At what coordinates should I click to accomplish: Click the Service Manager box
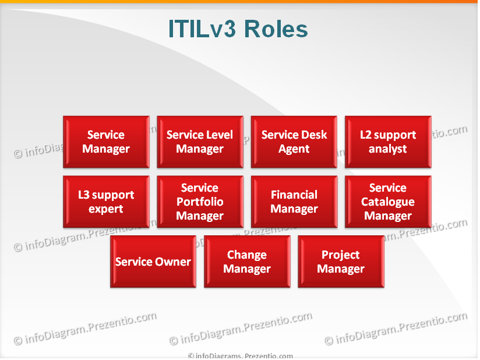point(106,142)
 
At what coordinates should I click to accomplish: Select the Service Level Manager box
point(200,142)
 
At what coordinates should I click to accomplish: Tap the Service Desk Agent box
point(294,142)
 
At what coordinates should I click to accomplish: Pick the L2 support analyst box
point(388,142)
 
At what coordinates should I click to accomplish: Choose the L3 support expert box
point(106,202)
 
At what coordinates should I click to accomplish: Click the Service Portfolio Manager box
point(200,202)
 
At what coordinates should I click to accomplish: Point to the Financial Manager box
point(294,202)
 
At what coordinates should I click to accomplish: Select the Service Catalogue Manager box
point(388,202)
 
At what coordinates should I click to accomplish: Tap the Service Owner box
point(153,262)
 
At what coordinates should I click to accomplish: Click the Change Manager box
point(247,262)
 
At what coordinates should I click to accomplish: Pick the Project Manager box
point(341,262)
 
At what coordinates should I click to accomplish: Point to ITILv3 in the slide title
point(202,29)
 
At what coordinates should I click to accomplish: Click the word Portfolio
point(200,202)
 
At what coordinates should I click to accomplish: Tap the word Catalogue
point(388,202)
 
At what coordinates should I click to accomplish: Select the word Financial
point(294,195)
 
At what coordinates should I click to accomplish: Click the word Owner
point(174,262)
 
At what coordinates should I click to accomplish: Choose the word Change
point(247,255)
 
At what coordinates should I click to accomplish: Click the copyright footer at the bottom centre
point(240,356)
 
